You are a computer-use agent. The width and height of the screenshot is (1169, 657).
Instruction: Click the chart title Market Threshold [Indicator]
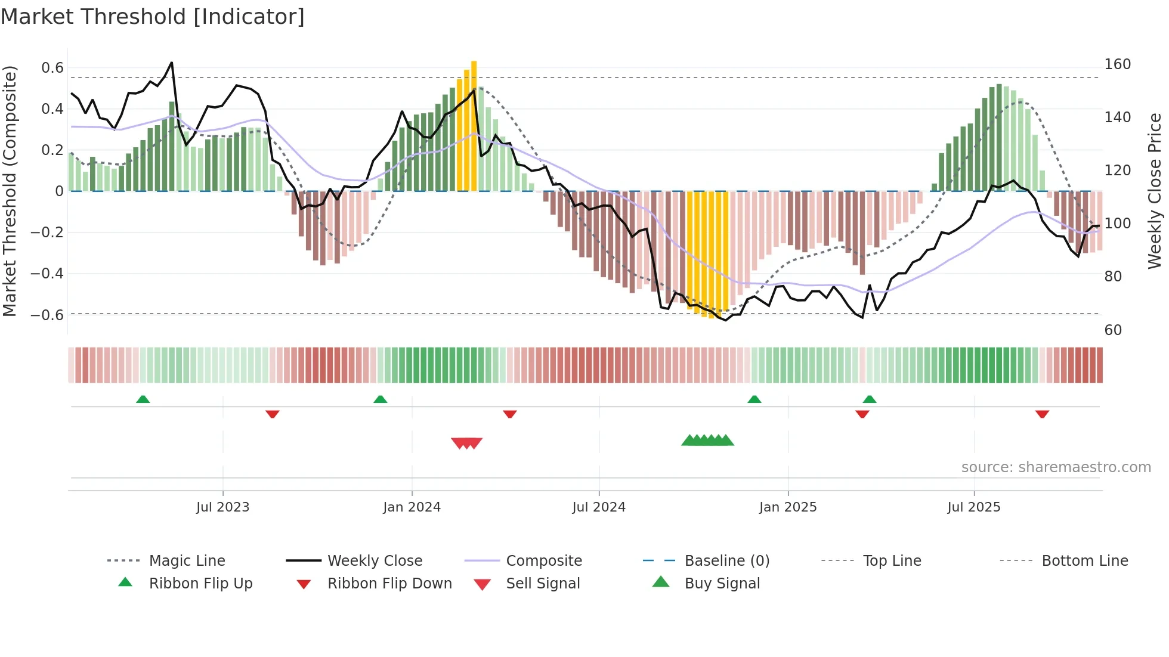[153, 17]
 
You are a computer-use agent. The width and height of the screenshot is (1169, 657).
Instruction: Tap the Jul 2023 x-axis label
[222, 507]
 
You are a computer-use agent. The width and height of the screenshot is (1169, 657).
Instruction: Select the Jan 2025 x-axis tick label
[787, 507]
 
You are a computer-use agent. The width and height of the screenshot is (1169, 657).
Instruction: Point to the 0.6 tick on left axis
[52, 68]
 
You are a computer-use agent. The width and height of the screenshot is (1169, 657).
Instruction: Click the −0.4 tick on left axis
[47, 274]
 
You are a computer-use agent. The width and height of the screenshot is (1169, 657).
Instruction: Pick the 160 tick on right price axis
[1117, 64]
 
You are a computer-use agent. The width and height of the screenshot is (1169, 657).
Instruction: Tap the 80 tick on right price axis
[1113, 277]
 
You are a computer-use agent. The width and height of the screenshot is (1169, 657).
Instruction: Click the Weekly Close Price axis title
[1155, 191]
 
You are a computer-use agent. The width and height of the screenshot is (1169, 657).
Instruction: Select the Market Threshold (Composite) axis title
[10, 191]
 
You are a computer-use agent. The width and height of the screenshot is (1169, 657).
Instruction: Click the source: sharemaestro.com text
[1056, 467]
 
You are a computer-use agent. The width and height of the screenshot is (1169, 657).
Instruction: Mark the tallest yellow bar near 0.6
[474, 125]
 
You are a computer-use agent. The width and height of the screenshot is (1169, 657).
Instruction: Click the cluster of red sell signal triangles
[466, 443]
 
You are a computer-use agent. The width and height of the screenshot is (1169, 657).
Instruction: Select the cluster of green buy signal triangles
[708, 441]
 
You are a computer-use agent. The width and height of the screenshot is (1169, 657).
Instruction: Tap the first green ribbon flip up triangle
[143, 399]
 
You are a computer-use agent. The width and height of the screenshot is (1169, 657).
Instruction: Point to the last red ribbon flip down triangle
[1042, 414]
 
